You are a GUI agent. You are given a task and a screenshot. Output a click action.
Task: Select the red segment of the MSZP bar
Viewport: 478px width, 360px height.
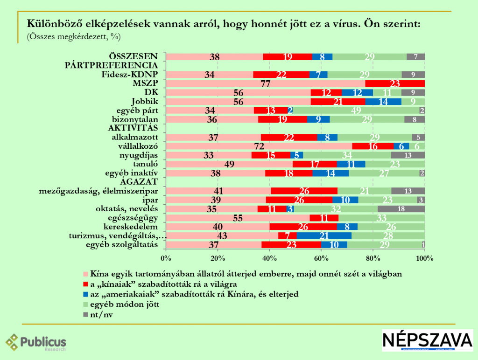(395, 83)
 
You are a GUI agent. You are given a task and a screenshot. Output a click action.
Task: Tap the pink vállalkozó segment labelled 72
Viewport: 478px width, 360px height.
(259, 146)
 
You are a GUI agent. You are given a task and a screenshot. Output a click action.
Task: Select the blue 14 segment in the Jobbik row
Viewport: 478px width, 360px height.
(383, 102)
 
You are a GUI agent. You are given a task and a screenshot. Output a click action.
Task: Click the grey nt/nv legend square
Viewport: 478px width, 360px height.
(85, 314)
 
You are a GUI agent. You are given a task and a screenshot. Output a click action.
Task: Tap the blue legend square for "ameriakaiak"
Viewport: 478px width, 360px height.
(85, 294)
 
